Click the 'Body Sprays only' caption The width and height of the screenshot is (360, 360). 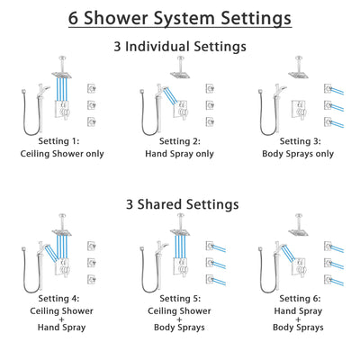point(300,153)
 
